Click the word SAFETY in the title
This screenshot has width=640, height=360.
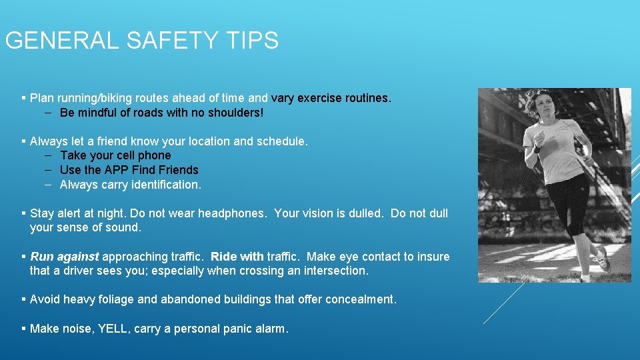(x=170, y=41)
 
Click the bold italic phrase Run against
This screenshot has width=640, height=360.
(x=65, y=257)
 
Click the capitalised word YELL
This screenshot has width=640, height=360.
(x=113, y=328)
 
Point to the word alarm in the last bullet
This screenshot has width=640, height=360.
(x=273, y=328)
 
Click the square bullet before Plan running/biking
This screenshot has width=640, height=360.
(x=23, y=98)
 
